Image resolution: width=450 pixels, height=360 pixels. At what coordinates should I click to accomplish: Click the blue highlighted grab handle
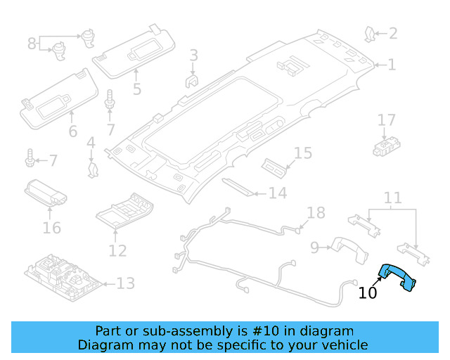pos(397,277)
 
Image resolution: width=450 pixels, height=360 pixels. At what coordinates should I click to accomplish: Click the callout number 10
pos(368,293)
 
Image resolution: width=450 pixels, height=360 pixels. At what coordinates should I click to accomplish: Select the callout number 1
pos(392,65)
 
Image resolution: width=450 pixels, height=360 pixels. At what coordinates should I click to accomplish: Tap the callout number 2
pos(392,33)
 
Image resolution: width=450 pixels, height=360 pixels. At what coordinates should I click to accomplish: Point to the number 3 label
pos(193,55)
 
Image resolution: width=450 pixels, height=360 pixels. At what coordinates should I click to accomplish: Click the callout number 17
pos(387,120)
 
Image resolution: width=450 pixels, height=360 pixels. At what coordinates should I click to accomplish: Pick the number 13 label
pos(124,284)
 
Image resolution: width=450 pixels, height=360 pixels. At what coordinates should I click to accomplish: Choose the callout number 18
pos(316,213)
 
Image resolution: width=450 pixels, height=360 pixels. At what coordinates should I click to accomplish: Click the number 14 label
pos(278,193)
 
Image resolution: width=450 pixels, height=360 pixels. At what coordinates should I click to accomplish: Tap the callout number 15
pos(302,153)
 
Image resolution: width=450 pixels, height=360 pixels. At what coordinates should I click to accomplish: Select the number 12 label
pos(117,250)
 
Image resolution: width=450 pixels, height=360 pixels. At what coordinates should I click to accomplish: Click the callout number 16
pos(51,227)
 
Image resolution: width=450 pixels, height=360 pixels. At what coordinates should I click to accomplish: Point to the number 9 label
pos(315,247)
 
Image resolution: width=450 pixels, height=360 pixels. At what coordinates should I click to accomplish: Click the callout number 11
pos(392,198)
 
